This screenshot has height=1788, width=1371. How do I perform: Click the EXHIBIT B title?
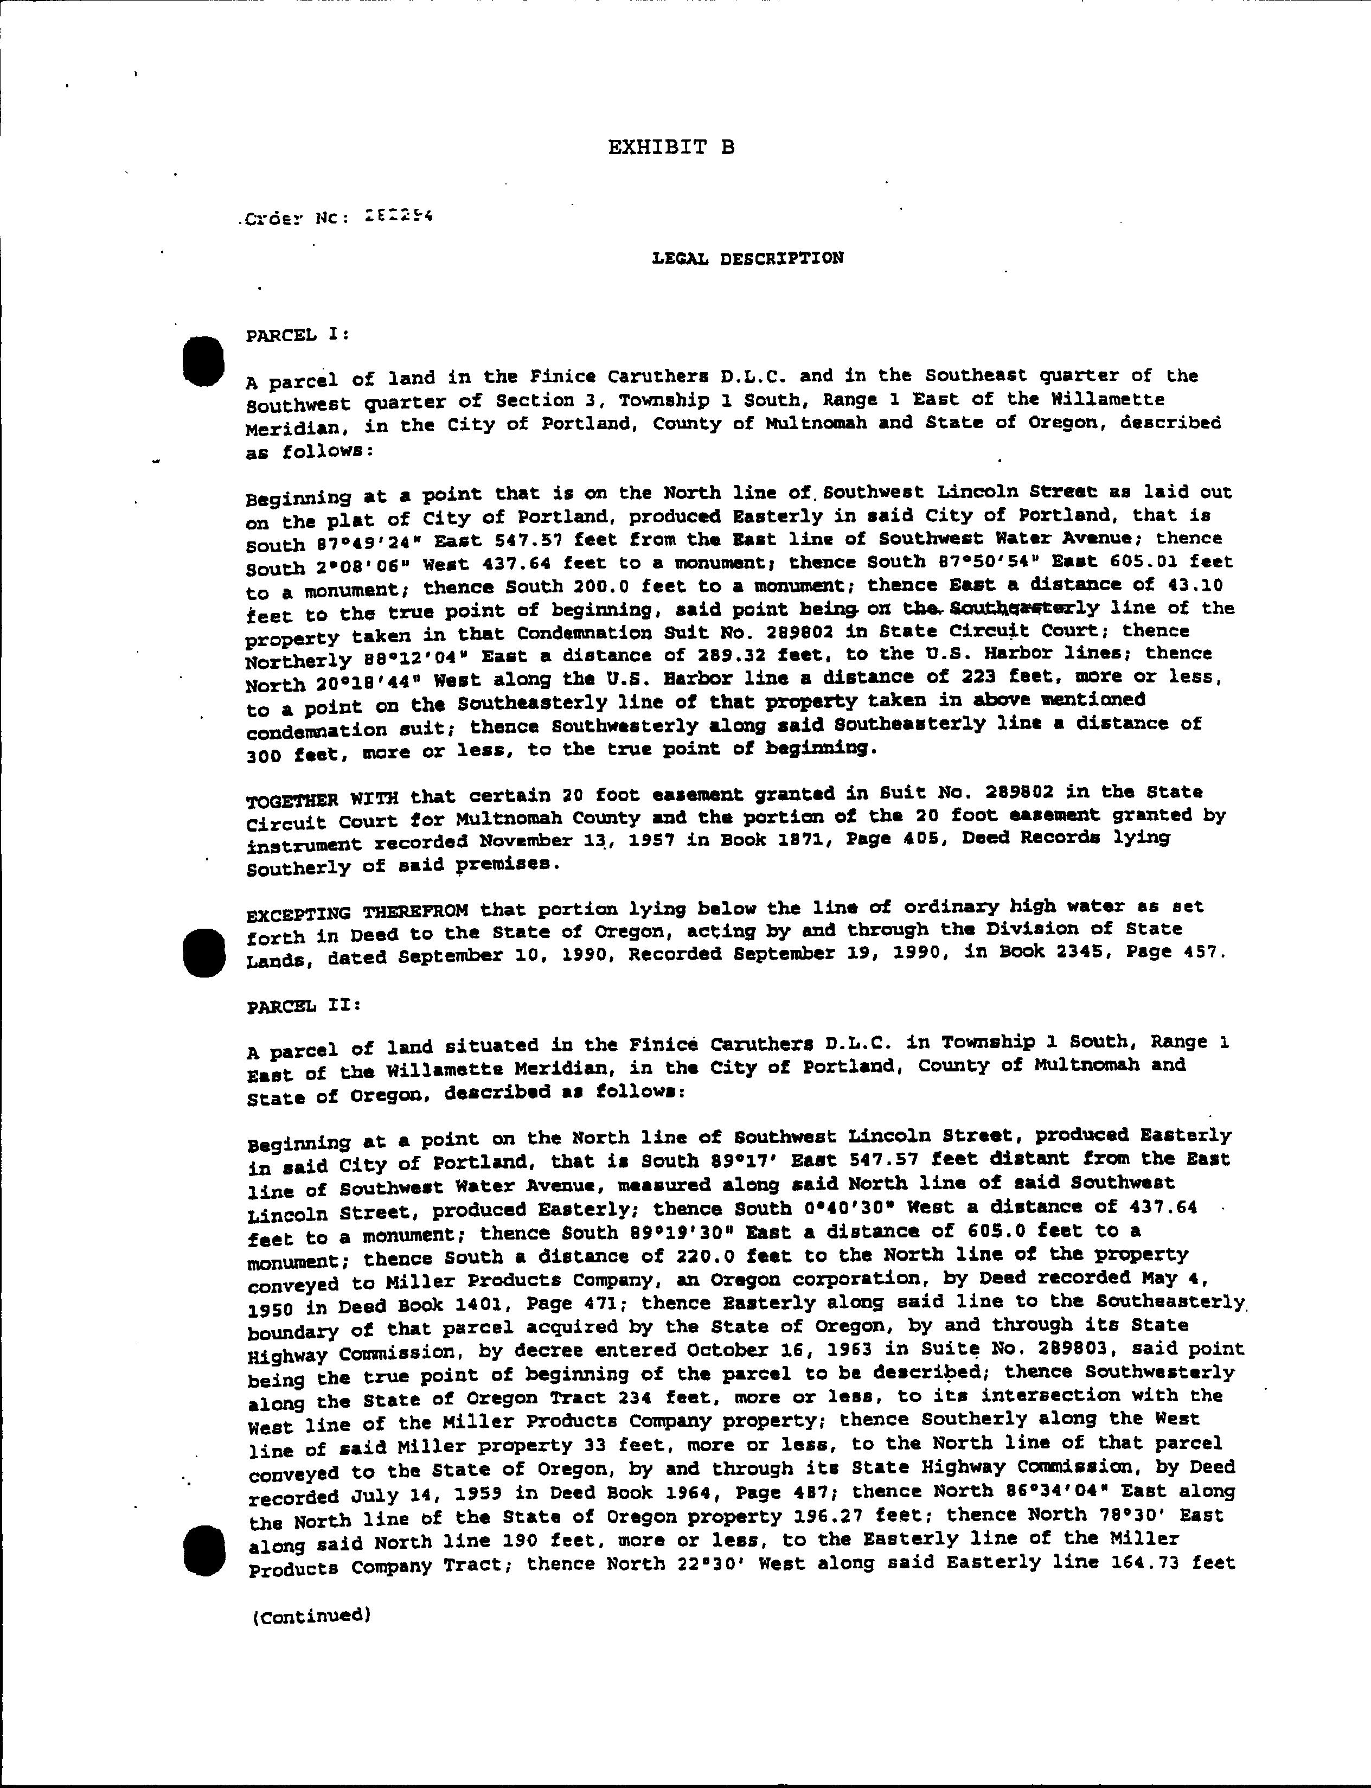point(671,147)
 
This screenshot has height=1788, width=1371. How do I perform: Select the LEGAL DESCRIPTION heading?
point(747,259)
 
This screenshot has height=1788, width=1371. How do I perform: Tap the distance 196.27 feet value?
point(858,1516)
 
